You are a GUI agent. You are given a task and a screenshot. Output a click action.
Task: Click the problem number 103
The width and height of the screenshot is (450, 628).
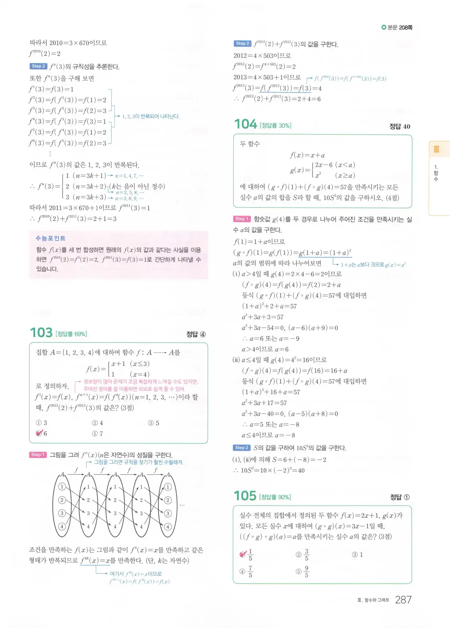click(x=41, y=333)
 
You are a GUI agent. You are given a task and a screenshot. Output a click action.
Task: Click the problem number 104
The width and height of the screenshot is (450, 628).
click(x=245, y=124)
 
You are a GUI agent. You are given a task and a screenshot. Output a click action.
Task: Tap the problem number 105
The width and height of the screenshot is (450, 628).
click(x=245, y=496)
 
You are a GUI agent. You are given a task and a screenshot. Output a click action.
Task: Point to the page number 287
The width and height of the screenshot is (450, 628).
click(x=403, y=600)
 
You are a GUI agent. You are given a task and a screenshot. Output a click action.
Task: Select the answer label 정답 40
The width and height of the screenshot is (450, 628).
click(x=400, y=126)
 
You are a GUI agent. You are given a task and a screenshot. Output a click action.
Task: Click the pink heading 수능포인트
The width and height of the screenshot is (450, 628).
click(x=50, y=238)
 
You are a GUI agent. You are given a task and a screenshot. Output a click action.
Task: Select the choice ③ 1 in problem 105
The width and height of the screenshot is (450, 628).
click(x=357, y=554)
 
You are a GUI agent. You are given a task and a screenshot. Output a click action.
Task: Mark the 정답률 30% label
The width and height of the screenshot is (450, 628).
click(x=275, y=126)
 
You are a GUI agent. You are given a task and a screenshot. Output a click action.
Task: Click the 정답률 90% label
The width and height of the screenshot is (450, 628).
click(x=275, y=497)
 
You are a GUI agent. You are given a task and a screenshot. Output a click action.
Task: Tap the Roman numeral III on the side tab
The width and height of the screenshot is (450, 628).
click(x=436, y=149)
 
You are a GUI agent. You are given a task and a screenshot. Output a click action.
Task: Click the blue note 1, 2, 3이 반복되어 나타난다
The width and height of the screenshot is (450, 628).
click(x=151, y=116)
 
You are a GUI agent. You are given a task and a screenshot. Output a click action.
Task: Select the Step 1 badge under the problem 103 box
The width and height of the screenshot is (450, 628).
click(x=38, y=455)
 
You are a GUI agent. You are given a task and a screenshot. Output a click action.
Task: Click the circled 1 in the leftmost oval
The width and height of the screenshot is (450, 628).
click(x=62, y=487)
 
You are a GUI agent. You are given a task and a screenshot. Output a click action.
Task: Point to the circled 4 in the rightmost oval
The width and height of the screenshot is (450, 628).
click(x=168, y=527)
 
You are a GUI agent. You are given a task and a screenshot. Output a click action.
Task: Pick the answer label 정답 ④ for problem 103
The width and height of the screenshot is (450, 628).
click(x=196, y=334)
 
